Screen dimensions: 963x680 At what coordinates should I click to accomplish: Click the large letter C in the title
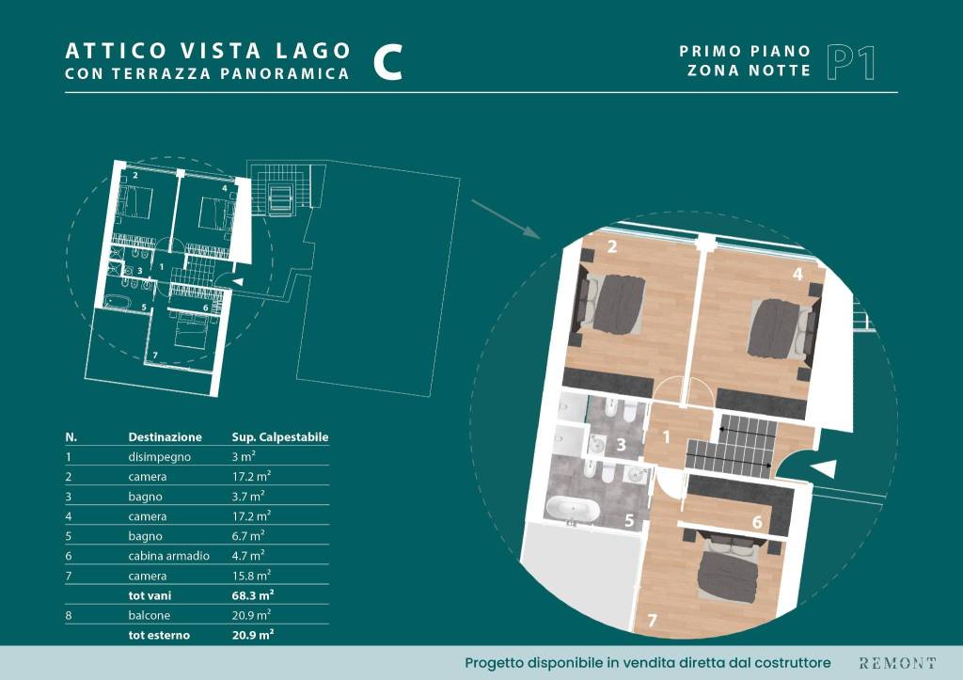[388, 62]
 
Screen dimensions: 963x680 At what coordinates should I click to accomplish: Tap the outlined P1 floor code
[850, 62]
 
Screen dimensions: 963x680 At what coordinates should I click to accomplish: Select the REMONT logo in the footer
[897, 663]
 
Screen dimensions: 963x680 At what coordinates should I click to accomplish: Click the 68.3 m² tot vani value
[253, 595]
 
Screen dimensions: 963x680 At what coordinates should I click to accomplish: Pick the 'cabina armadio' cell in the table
[169, 556]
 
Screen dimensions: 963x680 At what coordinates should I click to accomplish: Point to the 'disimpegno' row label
[160, 457]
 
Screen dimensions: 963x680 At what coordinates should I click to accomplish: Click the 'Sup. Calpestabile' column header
[280, 437]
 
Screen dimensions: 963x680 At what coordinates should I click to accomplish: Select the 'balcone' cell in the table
[150, 615]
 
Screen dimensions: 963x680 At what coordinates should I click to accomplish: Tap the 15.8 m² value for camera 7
[251, 576]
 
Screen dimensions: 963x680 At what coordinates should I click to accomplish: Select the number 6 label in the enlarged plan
[757, 522]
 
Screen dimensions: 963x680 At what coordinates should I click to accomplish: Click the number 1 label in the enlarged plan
[667, 436]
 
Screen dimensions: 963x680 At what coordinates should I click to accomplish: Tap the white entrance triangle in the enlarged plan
[825, 468]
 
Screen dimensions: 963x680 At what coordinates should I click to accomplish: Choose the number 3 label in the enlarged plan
[621, 445]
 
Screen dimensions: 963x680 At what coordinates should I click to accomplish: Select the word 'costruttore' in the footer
[793, 663]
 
